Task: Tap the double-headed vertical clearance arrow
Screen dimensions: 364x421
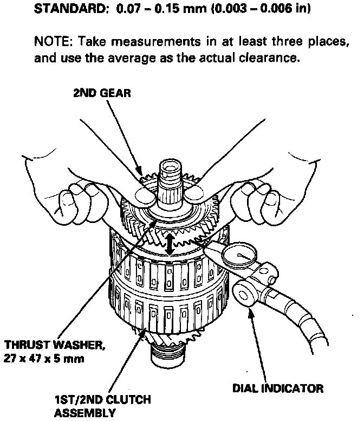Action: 170,243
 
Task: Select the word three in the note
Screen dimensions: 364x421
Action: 266,42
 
